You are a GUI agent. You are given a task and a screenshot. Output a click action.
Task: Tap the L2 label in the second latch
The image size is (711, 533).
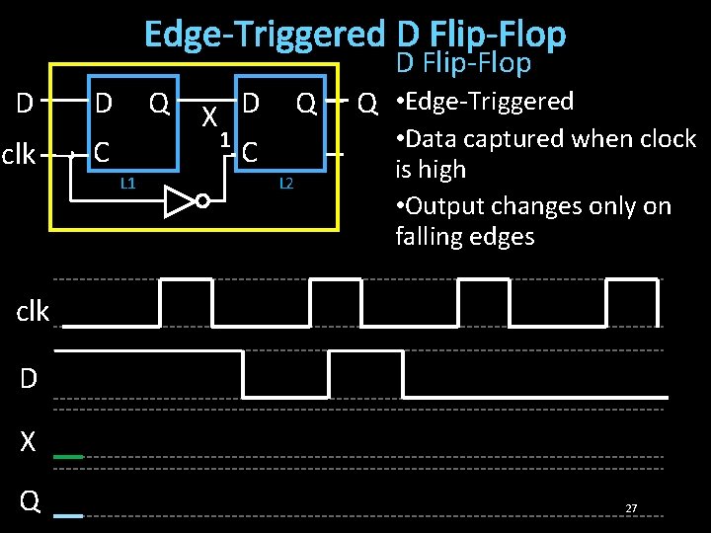(x=286, y=183)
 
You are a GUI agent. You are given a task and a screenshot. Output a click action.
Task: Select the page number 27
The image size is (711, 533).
(x=631, y=508)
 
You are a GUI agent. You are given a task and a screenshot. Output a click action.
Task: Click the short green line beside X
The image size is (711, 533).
(x=68, y=457)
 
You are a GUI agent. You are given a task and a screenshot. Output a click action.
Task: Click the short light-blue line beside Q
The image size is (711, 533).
(x=68, y=516)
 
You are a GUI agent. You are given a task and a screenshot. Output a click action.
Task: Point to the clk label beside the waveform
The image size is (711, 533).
(x=33, y=312)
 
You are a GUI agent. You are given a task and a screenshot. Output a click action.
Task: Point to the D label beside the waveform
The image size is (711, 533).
(x=29, y=377)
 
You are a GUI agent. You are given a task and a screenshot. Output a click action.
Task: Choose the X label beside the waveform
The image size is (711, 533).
(x=28, y=442)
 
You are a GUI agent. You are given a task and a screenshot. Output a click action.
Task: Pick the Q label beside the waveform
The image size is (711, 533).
(x=30, y=502)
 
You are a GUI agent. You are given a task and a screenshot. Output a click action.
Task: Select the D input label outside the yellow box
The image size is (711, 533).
(x=27, y=103)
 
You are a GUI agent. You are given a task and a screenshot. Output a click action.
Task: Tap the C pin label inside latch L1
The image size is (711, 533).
(x=101, y=152)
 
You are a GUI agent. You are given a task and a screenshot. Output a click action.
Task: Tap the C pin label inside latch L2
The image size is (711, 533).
(x=251, y=152)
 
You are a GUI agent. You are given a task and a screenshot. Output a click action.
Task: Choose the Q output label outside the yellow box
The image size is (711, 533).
(x=366, y=103)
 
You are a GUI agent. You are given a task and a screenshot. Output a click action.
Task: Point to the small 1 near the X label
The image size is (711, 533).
(x=225, y=139)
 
